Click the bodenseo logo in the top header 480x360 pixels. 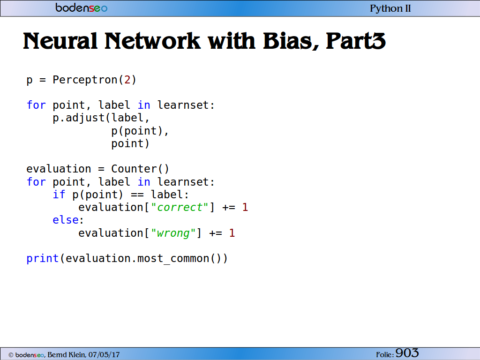click(x=82, y=7)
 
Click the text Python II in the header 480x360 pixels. click(x=390, y=8)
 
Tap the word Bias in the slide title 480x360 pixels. click(x=290, y=41)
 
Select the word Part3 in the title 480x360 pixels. click(x=356, y=41)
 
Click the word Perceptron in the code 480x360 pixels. click(x=85, y=80)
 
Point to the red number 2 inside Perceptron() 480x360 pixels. click(x=127, y=80)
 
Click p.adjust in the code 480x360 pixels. click(x=79, y=118)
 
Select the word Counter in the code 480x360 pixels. click(x=134, y=169)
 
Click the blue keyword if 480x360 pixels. click(x=59, y=195)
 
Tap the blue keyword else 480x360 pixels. click(x=66, y=220)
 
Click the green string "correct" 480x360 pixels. click(x=180, y=207)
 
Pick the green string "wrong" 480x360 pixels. click(x=173, y=233)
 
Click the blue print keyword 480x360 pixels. click(x=43, y=259)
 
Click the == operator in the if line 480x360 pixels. click(x=137, y=195)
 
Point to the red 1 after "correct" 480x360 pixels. click(x=245, y=207)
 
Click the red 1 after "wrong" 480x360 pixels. click(x=232, y=233)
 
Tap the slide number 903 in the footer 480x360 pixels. click(x=407, y=353)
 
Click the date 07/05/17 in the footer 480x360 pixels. click(x=104, y=355)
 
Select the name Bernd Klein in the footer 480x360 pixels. click(x=67, y=355)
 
